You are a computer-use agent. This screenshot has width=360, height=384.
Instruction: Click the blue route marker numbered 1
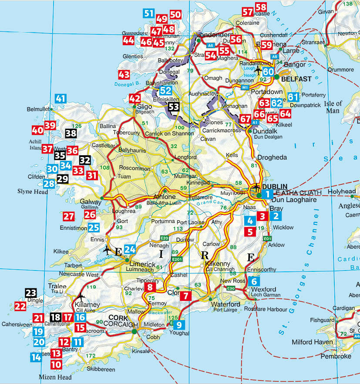[x=267, y=194]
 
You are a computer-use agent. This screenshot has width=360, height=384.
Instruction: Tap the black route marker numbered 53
[x=174, y=106]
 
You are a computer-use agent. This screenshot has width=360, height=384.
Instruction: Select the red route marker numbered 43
[x=124, y=74]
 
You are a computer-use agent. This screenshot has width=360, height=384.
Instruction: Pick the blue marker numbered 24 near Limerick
[x=130, y=250]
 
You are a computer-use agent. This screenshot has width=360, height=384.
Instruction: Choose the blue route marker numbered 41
[x=61, y=99]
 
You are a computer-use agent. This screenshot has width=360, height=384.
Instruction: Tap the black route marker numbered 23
[x=31, y=293]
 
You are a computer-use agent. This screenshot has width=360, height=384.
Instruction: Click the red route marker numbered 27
[x=68, y=216]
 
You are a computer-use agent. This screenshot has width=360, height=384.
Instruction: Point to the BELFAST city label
[x=296, y=79]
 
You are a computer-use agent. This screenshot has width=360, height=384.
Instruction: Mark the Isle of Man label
[x=333, y=107]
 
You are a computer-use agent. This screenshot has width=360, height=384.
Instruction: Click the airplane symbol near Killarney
[x=81, y=297]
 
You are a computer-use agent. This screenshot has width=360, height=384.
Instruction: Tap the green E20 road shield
[x=164, y=238]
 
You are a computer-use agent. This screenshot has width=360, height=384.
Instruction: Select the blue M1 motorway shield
[x=245, y=87]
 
